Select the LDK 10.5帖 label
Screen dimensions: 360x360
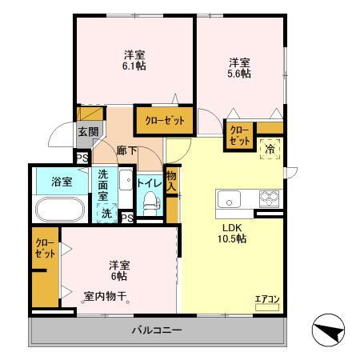[234, 233]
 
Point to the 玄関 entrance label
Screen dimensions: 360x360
[87, 132]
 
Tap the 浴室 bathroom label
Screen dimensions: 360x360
[62, 181]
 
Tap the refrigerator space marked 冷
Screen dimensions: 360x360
[270, 148]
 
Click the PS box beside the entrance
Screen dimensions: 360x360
[82, 157]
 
